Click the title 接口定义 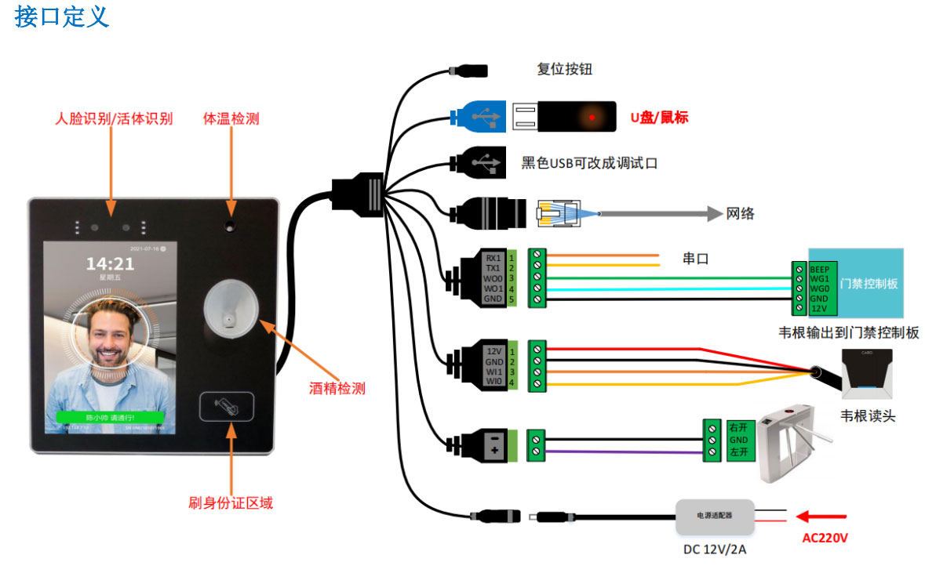[61, 16]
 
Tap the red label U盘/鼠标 [659, 118]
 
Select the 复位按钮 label [564, 69]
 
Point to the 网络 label [740, 213]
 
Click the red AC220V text [825, 539]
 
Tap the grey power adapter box [715, 516]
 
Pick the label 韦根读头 [868, 415]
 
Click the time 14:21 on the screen [110, 263]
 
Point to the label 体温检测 [231, 119]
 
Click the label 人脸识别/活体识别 [114, 119]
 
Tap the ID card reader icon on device [227, 406]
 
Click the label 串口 [696, 258]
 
